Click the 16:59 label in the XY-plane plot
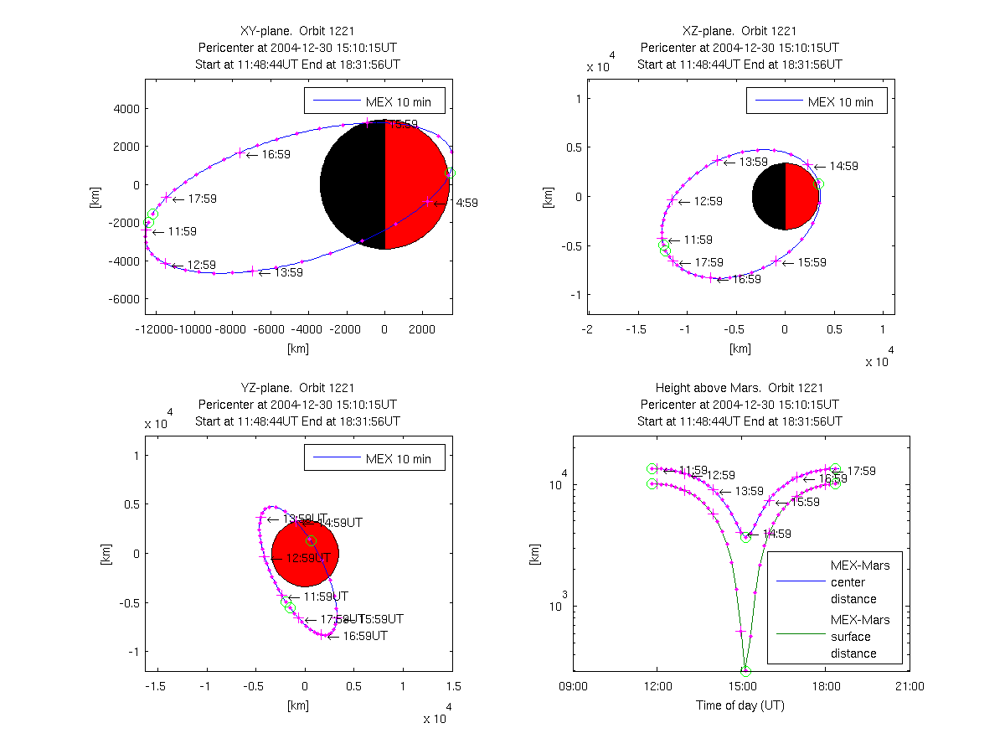click(x=276, y=155)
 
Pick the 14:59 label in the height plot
click(x=776, y=534)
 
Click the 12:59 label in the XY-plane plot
click(x=202, y=266)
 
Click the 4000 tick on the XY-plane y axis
click(x=126, y=109)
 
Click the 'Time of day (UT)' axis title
click(x=740, y=705)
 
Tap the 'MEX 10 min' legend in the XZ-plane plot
click(x=816, y=102)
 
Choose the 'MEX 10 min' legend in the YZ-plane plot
click(x=374, y=458)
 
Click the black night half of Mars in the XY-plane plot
click(x=352, y=184)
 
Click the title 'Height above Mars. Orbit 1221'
click(x=740, y=388)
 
